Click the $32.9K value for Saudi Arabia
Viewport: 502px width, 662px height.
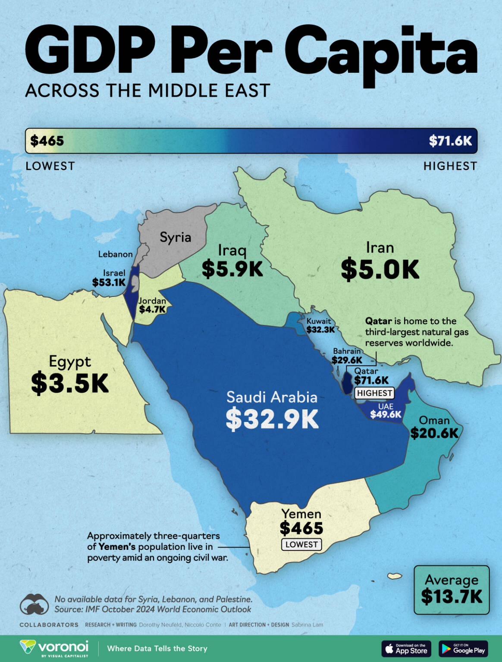coord(272,419)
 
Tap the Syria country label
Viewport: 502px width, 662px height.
coord(175,237)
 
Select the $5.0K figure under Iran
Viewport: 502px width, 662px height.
coord(380,270)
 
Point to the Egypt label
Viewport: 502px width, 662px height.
coord(70,361)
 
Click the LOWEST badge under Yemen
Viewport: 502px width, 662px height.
coord(301,544)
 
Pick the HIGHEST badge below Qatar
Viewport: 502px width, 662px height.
coord(374,393)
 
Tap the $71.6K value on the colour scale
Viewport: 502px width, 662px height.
coord(450,141)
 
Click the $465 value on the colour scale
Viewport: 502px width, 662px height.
coord(47,141)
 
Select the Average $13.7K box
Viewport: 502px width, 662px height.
coord(452,590)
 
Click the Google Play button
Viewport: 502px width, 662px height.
coord(463,649)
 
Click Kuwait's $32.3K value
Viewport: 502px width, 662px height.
coord(320,330)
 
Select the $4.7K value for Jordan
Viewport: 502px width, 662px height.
coord(152,309)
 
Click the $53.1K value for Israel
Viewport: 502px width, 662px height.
coord(109,282)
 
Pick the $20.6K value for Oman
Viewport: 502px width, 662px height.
coord(434,433)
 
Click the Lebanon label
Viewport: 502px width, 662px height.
coord(115,254)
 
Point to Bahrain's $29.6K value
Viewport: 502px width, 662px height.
coord(347,360)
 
